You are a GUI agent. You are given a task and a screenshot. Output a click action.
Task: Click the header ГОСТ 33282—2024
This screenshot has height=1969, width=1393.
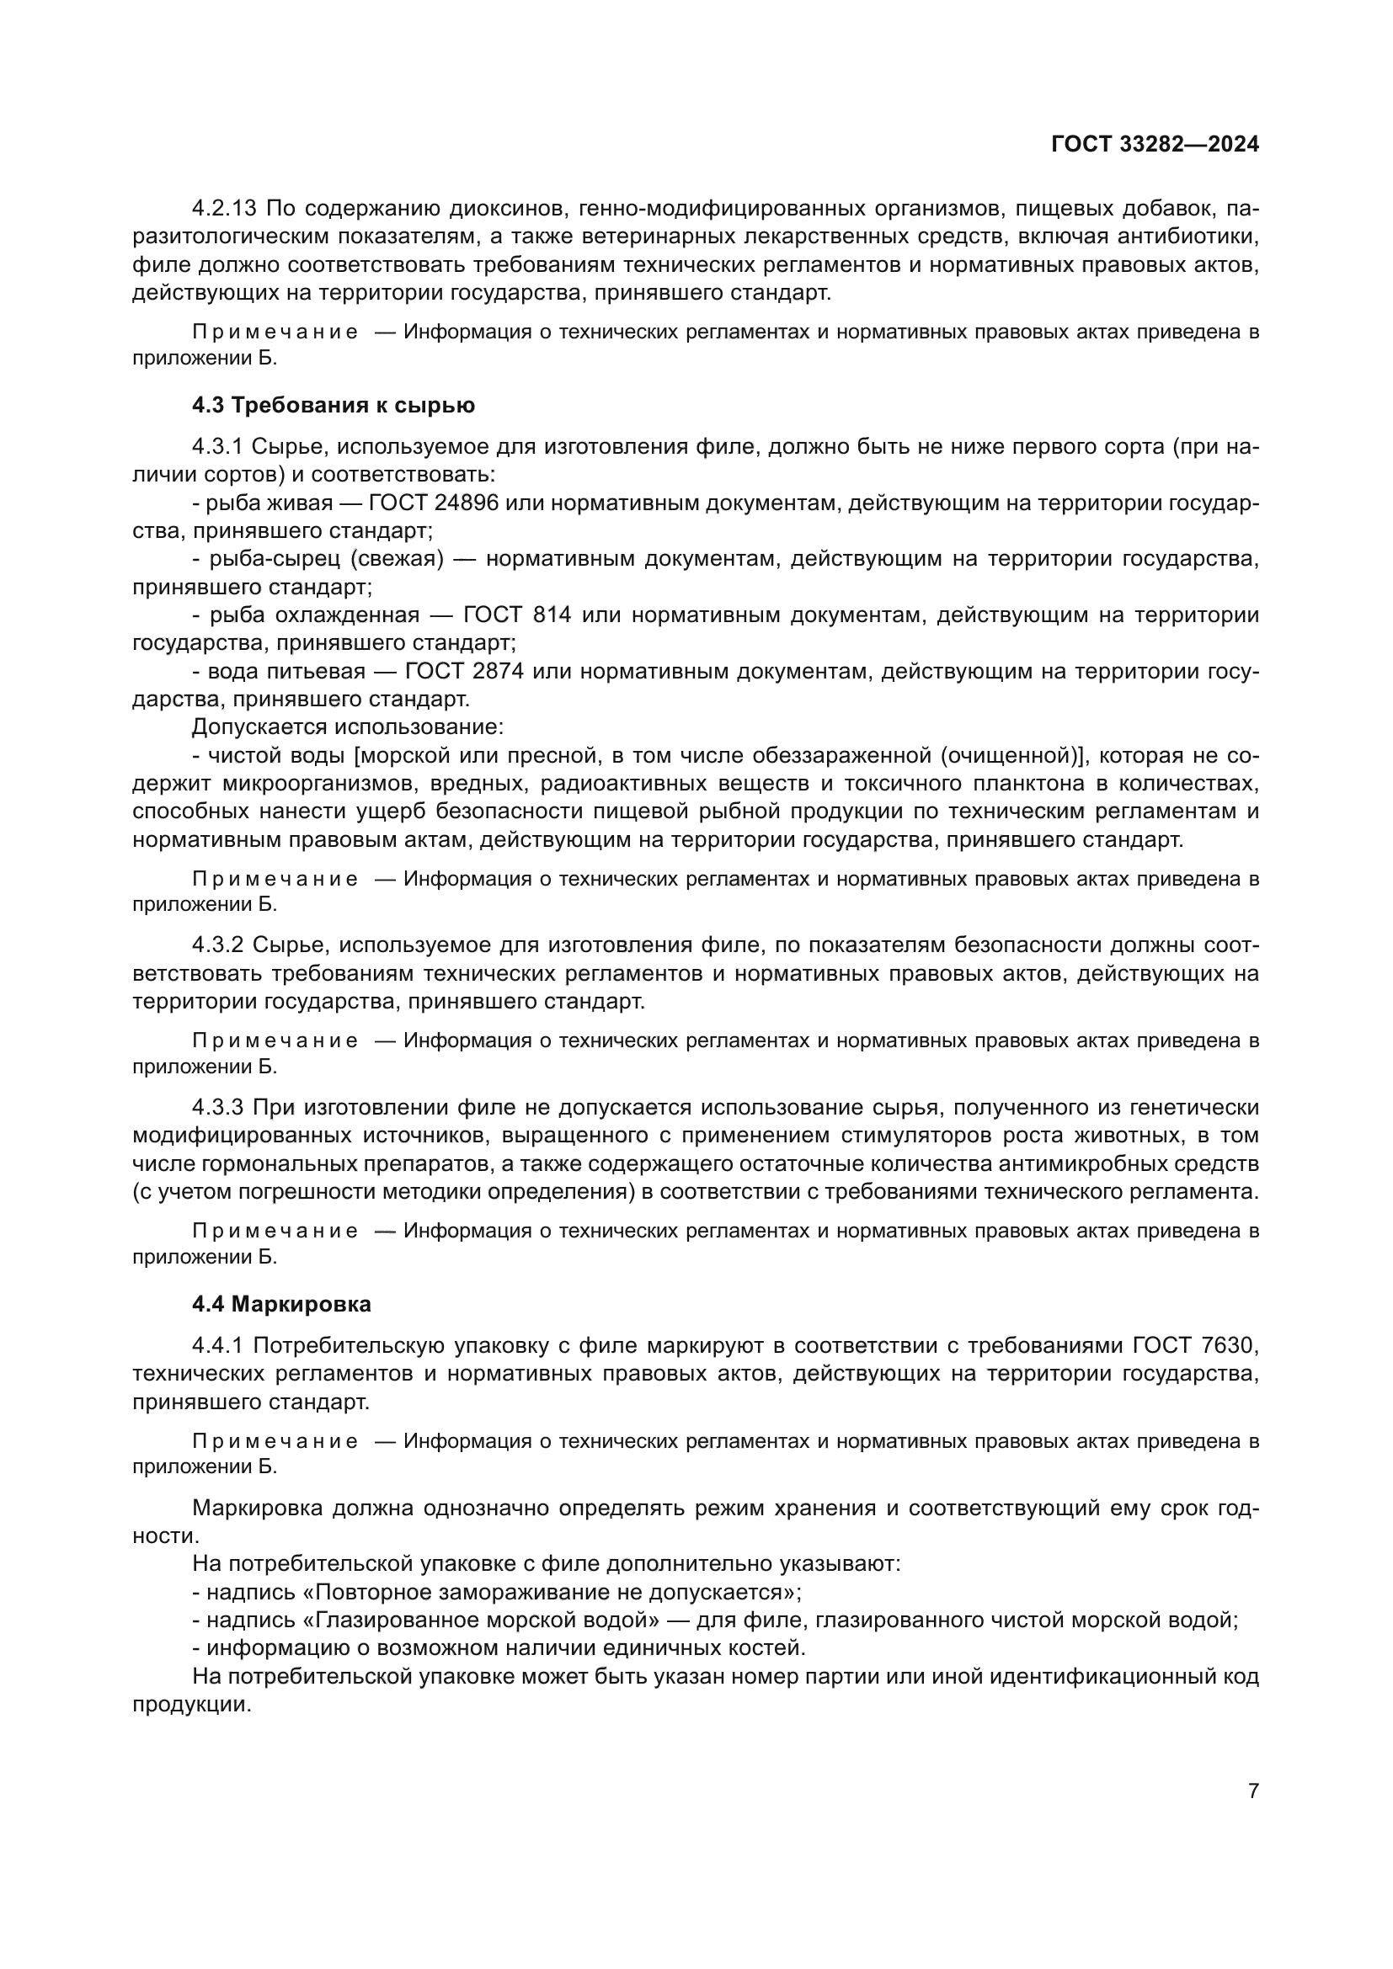(x=1155, y=144)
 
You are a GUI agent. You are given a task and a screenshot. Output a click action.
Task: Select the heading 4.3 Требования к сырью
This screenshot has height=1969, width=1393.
(x=333, y=405)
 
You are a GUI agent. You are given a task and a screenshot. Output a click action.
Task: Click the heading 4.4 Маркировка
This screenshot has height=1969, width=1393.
(x=281, y=1304)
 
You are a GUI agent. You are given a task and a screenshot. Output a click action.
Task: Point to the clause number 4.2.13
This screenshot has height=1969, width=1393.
(x=225, y=209)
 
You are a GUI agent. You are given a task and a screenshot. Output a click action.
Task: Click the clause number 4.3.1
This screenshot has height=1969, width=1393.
(x=218, y=447)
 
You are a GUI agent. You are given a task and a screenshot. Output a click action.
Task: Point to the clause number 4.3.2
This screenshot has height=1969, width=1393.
(x=218, y=945)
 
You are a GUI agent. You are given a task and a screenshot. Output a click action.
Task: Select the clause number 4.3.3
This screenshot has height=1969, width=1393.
(x=218, y=1107)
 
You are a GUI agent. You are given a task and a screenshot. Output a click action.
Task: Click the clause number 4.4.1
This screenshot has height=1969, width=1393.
(x=218, y=1345)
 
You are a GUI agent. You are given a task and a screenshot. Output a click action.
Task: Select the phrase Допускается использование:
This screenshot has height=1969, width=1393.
(x=347, y=727)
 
